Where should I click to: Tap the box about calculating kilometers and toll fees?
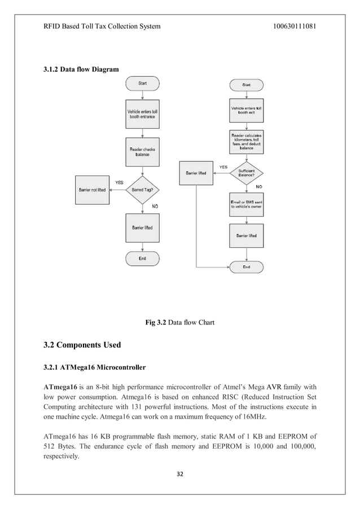[x=247, y=142]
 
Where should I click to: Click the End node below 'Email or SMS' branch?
[x=247, y=266]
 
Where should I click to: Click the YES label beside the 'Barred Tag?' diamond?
[x=119, y=182]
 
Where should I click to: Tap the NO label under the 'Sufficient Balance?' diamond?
[x=259, y=186]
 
